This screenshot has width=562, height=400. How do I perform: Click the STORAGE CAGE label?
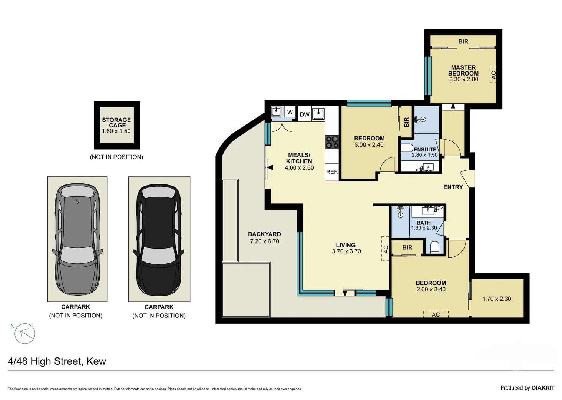coord(116,123)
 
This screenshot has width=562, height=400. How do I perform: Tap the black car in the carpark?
coord(159,239)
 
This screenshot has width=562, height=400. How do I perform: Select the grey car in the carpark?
coord(77,239)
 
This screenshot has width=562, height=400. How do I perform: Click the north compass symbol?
coord(25,333)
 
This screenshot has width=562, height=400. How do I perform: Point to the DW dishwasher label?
coord(304,114)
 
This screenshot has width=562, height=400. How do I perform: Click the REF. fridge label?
coord(332,172)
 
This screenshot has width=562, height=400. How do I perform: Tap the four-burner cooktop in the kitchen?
coord(332,142)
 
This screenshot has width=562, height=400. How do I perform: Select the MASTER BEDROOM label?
coord(463,70)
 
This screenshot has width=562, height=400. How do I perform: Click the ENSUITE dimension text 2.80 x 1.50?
coord(424,155)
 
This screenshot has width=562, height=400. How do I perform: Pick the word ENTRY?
coord(453,187)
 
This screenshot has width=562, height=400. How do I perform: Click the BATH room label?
coord(424,223)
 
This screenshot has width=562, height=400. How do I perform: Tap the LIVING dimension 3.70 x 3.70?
coord(346,251)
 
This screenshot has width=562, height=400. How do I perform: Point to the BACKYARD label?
coord(264,234)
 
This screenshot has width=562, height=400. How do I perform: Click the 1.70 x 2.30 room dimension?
coord(496,299)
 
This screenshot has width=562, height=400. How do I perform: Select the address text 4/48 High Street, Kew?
coord(57,361)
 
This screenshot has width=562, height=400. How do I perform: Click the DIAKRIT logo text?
coord(543,388)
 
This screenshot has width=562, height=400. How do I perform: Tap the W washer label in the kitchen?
coord(290,112)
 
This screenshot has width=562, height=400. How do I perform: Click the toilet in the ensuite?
coord(407,148)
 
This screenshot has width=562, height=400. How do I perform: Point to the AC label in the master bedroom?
coord(493,75)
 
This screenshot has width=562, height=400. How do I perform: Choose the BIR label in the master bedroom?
coord(463,41)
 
